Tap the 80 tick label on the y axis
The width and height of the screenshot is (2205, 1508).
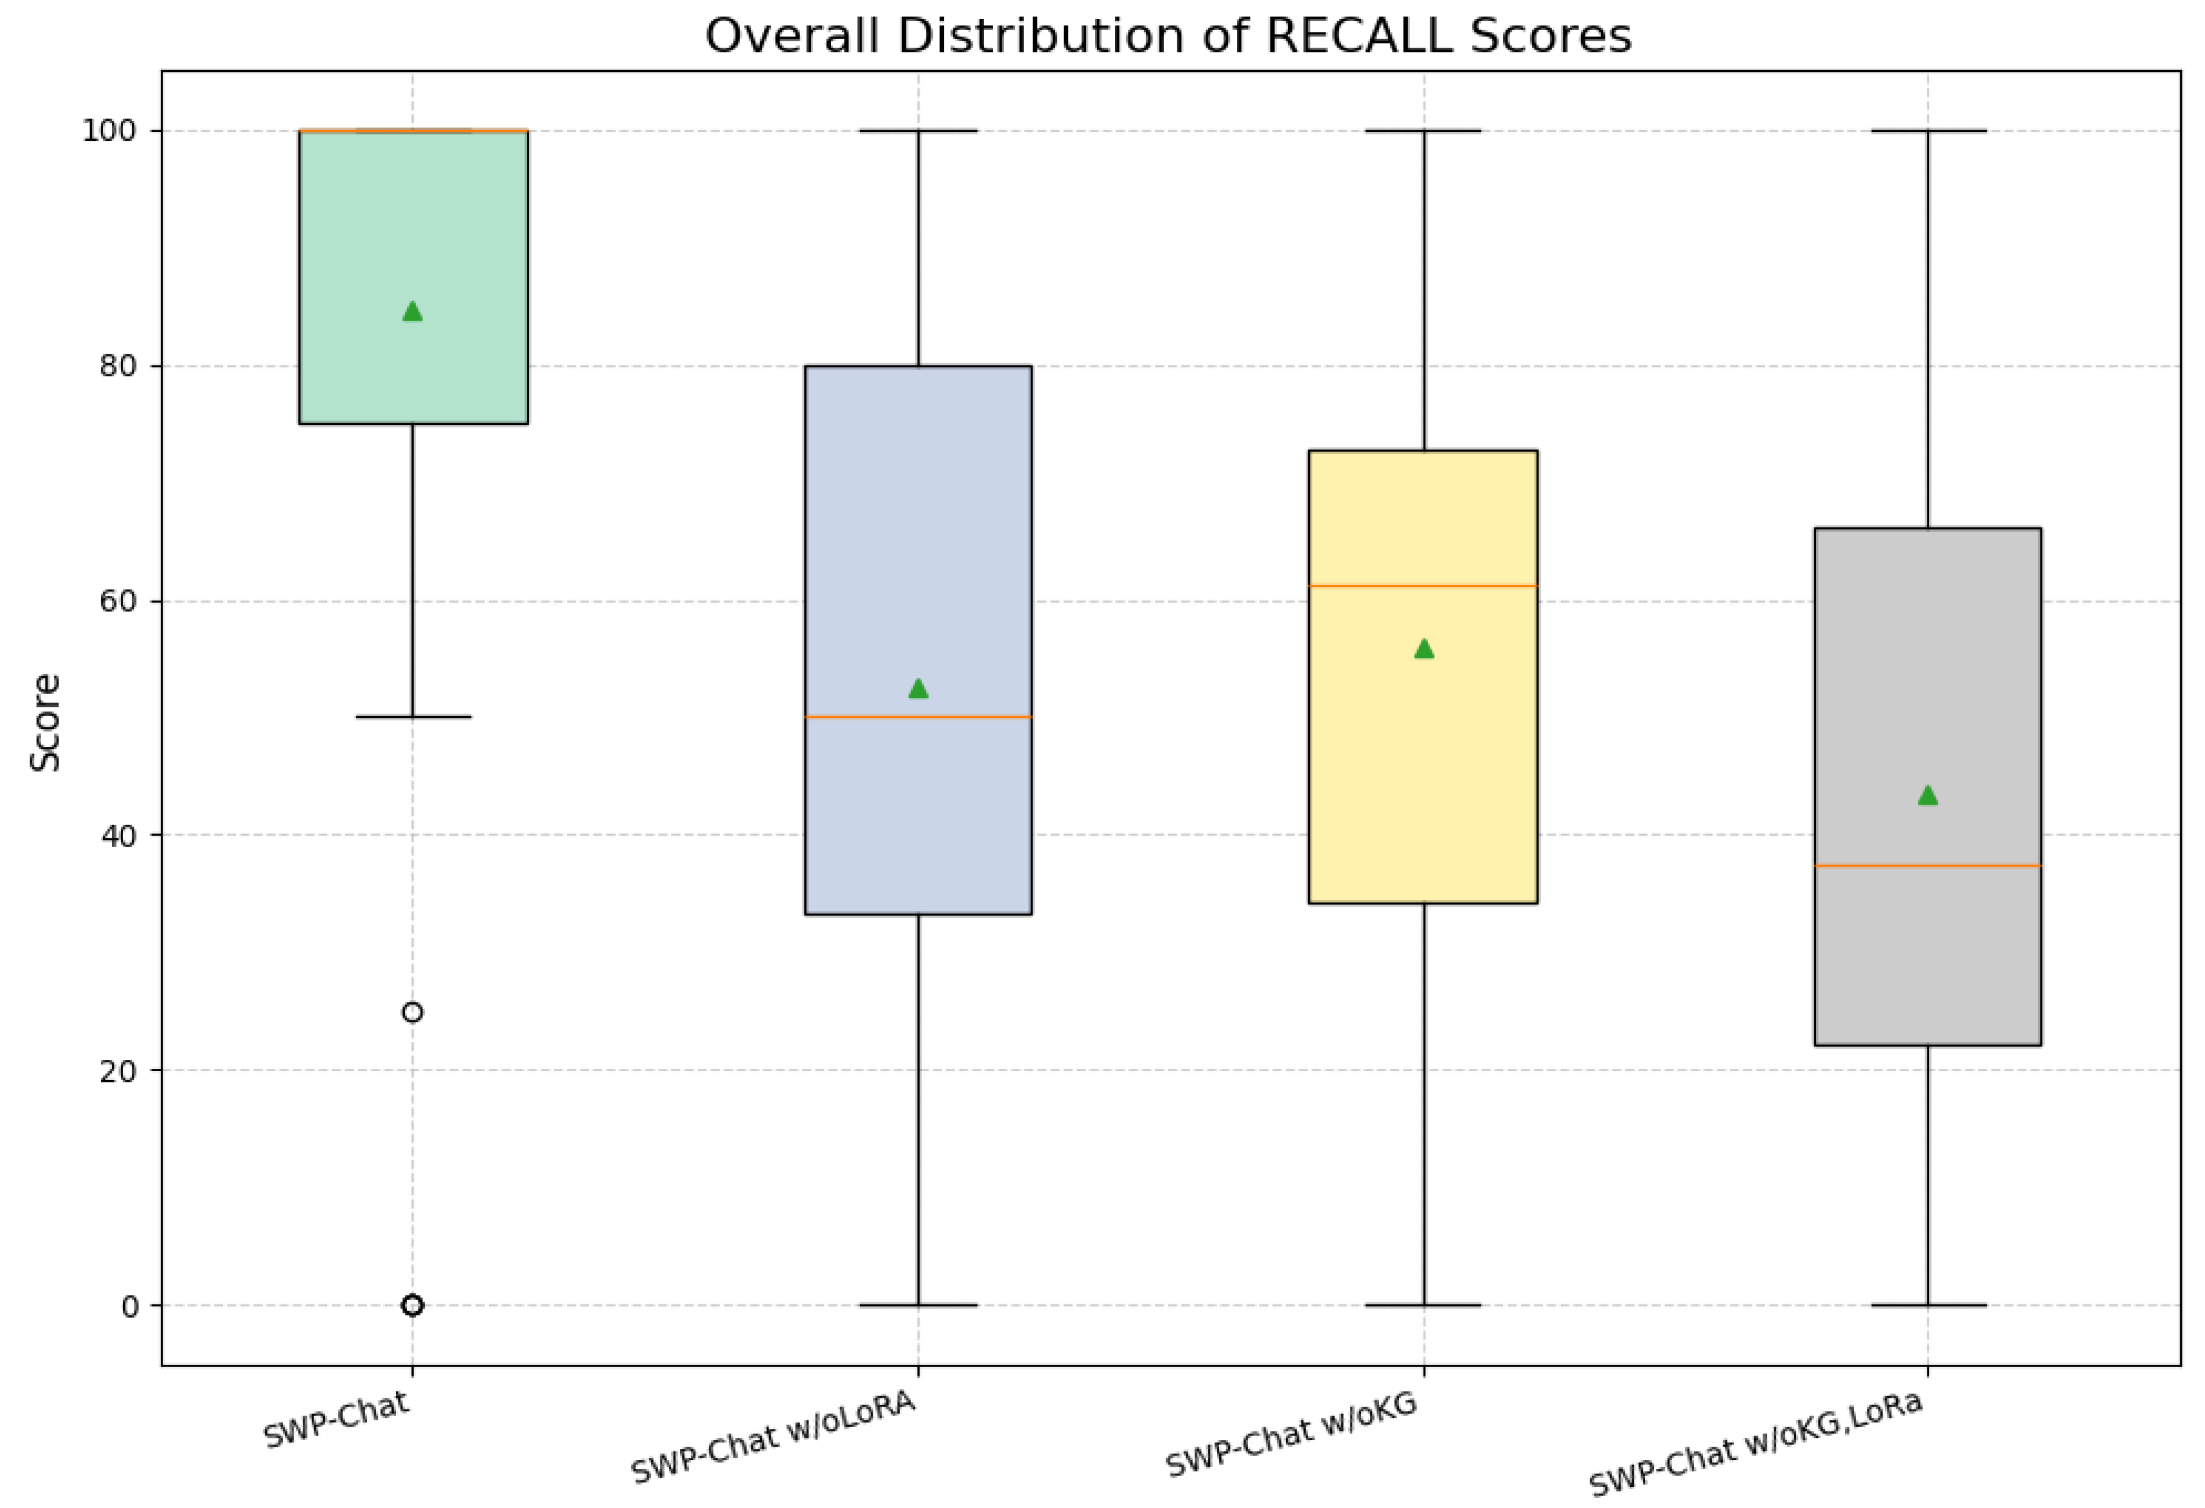(x=118, y=366)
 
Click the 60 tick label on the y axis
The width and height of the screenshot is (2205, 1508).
(x=118, y=602)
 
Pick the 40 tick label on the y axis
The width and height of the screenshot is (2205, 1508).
(x=118, y=835)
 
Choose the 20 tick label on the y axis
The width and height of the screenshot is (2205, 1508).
(x=118, y=1071)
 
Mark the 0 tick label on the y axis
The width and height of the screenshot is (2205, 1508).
(x=130, y=1306)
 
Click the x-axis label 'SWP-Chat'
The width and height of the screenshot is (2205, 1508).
(x=337, y=1421)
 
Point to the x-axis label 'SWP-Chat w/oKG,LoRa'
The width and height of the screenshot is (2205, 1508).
(x=1755, y=1444)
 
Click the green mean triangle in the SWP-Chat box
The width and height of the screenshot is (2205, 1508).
(x=412, y=311)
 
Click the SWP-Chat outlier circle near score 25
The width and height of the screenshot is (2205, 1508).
(x=412, y=1013)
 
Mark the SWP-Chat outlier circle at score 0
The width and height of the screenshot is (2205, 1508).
(x=412, y=1306)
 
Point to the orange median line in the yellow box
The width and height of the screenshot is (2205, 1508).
(x=1423, y=587)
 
